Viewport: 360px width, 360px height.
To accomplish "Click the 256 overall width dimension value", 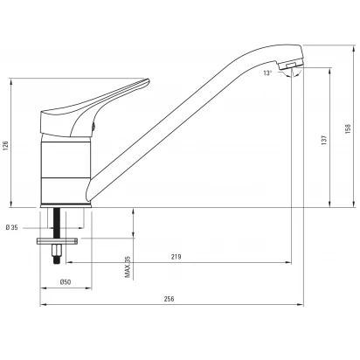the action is pyautogui.click(x=169, y=299).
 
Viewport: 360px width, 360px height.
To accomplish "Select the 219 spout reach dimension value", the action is pyautogui.click(x=176, y=257).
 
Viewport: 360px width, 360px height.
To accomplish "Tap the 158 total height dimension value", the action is pyautogui.click(x=348, y=129).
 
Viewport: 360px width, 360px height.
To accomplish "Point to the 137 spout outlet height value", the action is pyautogui.click(x=324, y=140).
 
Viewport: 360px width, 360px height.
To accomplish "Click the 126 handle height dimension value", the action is pyautogui.click(x=5, y=146).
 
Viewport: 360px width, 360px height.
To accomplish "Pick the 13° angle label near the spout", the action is pyautogui.click(x=267, y=73).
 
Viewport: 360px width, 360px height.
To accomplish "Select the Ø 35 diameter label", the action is pyautogui.click(x=11, y=227).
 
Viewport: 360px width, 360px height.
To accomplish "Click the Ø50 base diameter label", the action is pyautogui.click(x=66, y=281).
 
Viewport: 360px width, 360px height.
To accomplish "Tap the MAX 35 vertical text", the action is pyautogui.click(x=128, y=267).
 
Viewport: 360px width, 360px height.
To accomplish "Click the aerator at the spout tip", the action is pyautogui.click(x=289, y=65).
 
